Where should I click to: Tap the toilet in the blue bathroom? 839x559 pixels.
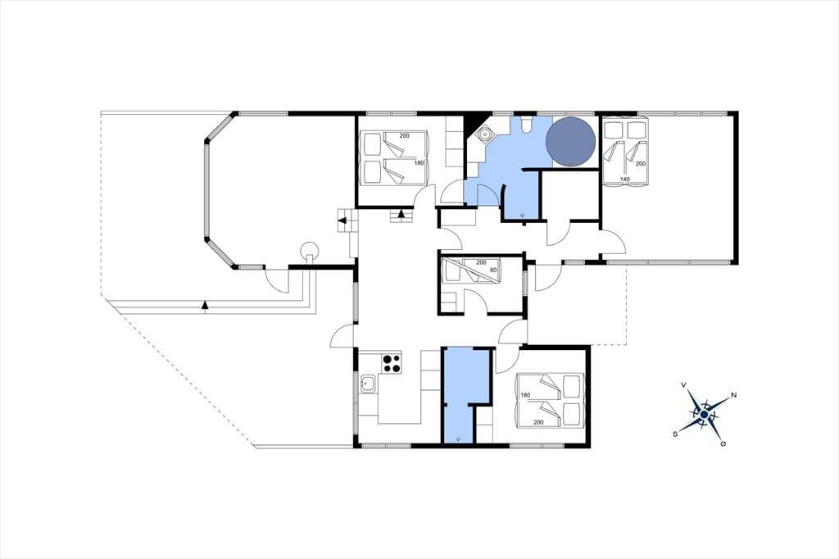(524, 124)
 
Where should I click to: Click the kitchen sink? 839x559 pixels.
(368, 384)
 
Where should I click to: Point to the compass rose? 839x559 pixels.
(704, 414)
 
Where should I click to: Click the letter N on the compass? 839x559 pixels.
(734, 395)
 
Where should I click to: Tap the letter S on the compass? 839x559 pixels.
(676, 434)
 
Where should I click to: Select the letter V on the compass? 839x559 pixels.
(684, 384)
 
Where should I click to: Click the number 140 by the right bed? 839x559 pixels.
(624, 179)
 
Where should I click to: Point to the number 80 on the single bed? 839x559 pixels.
(492, 270)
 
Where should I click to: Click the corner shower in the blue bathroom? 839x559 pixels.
(486, 134)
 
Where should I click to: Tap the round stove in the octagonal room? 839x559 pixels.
(309, 251)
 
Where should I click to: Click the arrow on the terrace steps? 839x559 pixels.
(204, 305)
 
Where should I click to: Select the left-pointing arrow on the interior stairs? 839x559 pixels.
(342, 220)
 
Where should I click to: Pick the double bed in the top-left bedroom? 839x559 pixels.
(395, 157)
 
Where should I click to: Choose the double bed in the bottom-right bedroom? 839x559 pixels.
(550, 401)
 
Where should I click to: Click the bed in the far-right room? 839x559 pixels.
(625, 153)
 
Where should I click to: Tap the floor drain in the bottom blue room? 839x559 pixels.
(458, 439)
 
